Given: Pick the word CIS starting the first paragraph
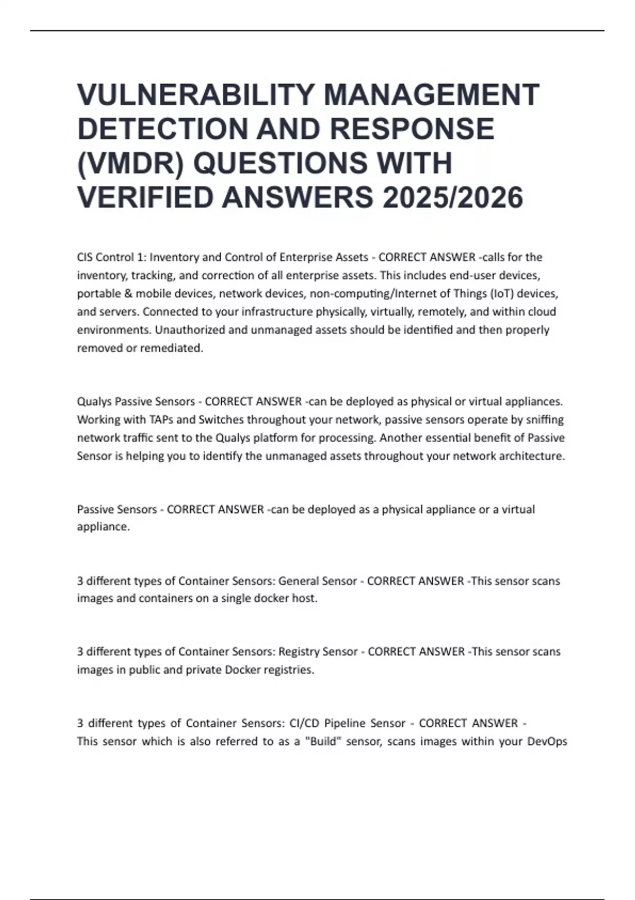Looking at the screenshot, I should [85, 257].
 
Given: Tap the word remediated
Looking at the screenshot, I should [171, 348].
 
